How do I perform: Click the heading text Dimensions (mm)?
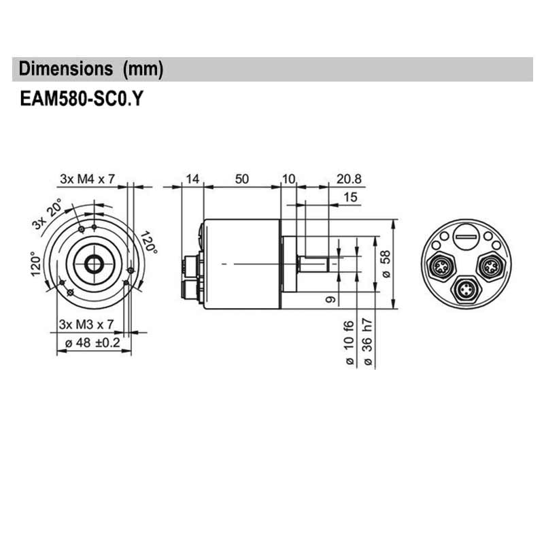(91, 69)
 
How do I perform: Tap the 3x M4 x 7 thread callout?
(88, 179)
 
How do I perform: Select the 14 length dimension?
(192, 179)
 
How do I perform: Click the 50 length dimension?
(241, 179)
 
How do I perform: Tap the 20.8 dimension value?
(349, 179)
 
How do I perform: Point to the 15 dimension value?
(351, 197)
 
